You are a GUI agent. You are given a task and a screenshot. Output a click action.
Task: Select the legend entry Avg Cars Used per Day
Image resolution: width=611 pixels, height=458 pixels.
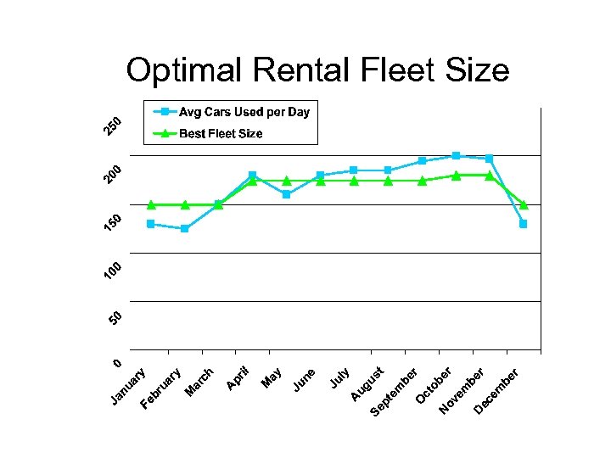click(x=243, y=112)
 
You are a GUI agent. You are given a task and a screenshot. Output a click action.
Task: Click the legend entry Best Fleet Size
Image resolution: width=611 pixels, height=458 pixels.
click(x=220, y=133)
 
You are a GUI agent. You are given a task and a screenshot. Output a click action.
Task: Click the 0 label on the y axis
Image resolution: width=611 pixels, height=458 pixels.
click(x=118, y=363)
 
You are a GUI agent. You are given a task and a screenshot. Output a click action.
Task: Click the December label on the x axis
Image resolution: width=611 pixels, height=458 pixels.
click(x=496, y=392)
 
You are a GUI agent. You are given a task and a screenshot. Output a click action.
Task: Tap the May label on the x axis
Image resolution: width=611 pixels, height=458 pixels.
click(x=272, y=378)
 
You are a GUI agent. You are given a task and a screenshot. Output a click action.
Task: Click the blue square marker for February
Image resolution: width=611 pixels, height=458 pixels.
click(x=185, y=229)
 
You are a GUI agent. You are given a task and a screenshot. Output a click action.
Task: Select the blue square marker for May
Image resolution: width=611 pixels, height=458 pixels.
click(x=287, y=194)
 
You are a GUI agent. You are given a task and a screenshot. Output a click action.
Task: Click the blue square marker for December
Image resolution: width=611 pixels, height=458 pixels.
click(x=524, y=224)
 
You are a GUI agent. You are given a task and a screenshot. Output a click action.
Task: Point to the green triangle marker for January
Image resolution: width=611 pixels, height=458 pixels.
click(x=151, y=204)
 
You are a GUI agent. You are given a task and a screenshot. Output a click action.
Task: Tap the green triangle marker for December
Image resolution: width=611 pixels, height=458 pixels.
click(x=524, y=204)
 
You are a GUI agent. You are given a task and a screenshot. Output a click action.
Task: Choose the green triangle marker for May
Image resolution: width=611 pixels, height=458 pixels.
click(x=287, y=181)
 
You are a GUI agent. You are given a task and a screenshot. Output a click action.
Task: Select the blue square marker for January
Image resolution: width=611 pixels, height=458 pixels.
click(x=151, y=224)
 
